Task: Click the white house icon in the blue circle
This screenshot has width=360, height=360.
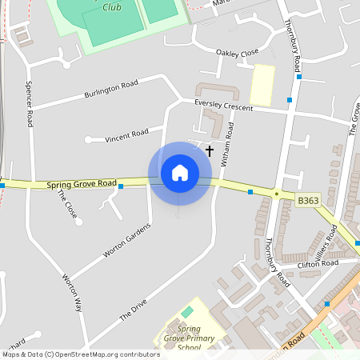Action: point(180,173)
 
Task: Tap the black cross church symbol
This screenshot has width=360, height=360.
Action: point(210,150)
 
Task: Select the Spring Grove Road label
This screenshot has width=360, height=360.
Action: point(82,185)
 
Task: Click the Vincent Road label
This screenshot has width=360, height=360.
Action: point(126,136)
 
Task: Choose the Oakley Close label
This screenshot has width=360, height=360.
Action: point(238,53)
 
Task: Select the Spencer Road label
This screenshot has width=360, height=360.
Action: point(30,104)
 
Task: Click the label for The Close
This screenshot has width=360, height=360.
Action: point(68,206)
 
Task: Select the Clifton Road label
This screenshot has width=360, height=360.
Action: point(318,263)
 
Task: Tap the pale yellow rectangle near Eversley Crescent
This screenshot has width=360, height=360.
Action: point(262,84)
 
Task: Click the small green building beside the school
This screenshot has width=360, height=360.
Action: point(187,311)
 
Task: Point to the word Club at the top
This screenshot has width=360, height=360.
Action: point(112,7)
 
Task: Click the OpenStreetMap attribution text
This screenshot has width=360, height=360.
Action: point(81,354)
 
